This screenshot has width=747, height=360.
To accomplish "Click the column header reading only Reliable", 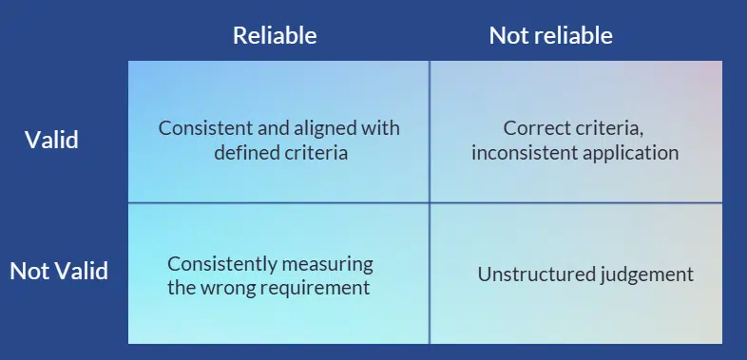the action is pyautogui.click(x=275, y=36).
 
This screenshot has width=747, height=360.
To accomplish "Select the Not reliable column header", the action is pyautogui.click(x=550, y=36).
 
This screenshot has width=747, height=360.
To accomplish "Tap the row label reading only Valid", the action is pyautogui.click(x=51, y=141).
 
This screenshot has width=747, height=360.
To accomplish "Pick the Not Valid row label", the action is pyautogui.click(x=59, y=271).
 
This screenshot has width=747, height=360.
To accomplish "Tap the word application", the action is pyautogui.click(x=632, y=152).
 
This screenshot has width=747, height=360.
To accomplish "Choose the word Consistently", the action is pyautogui.click(x=223, y=264).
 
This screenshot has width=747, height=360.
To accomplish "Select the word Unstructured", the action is pyautogui.click(x=534, y=275).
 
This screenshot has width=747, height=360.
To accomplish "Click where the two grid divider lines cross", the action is pyautogui.click(x=430, y=202).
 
